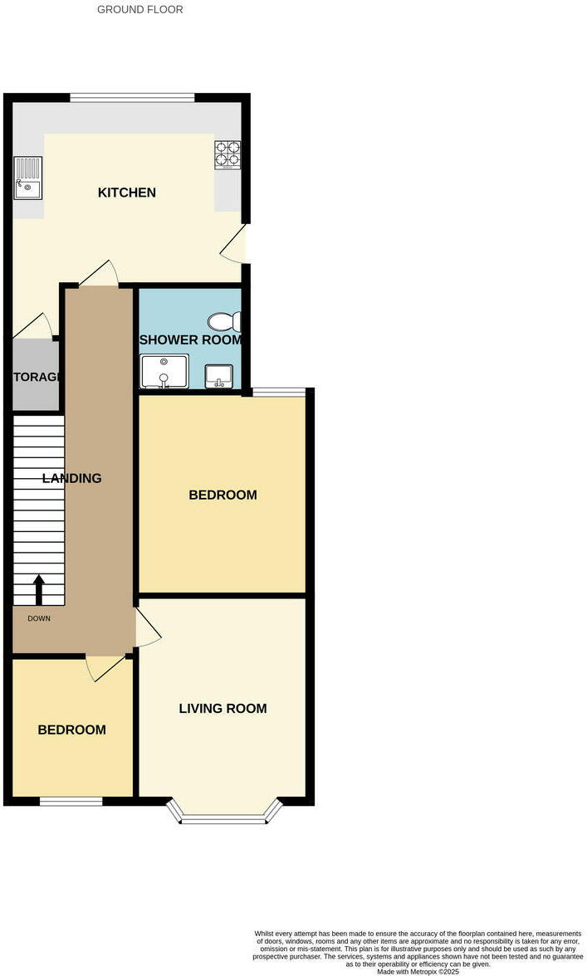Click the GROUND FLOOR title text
click(140, 10)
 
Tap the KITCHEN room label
click(127, 193)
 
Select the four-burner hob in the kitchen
click(228, 154)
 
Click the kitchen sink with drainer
click(27, 178)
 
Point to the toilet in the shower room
click(225, 322)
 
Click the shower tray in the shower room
click(164, 372)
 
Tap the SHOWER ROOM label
click(190, 340)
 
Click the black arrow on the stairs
click(38, 590)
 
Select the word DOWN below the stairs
click(38, 618)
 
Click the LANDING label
click(72, 478)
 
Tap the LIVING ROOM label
click(223, 708)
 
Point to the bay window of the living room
click(223, 818)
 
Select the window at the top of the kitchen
click(133, 97)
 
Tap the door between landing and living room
click(147, 628)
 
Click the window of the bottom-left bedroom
click(71, 801)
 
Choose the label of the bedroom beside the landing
click(223, 495)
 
